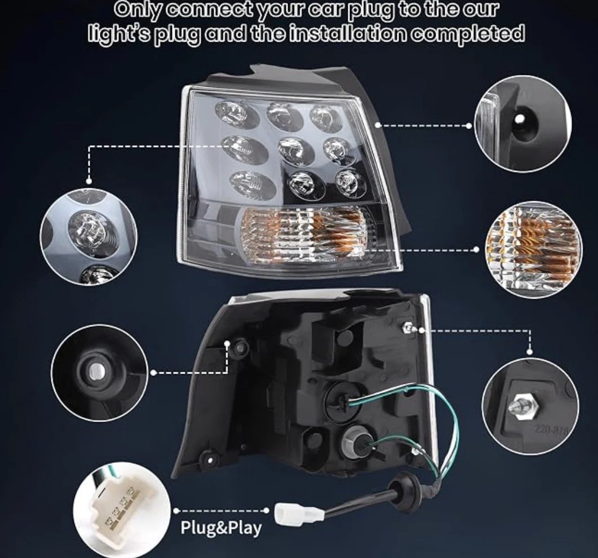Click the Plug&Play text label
coord(221,528)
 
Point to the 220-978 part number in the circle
coord(556,431)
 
